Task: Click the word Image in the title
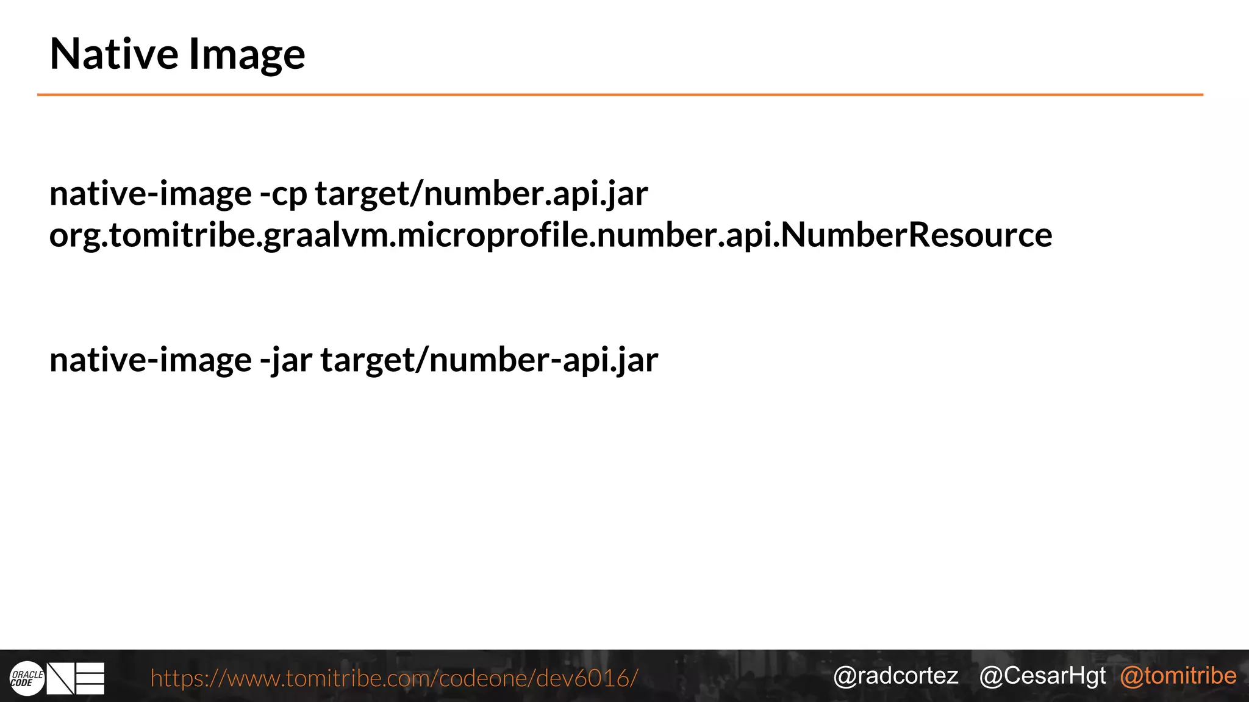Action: [246, 55]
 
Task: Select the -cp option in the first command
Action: [283, 194]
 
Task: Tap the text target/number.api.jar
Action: [481, 194]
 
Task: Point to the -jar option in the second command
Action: [285, 360]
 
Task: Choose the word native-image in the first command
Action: [150, 194]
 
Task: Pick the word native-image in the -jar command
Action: [150, 360]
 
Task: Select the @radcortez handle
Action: [895, 676]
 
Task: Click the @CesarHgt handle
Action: [1042, 676]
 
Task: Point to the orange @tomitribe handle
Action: [1178, 676]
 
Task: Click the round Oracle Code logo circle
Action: [27, 678]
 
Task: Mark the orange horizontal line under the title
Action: [620, 95]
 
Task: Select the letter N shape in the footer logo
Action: [61, 678]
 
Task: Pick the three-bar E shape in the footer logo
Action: [90, 678]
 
